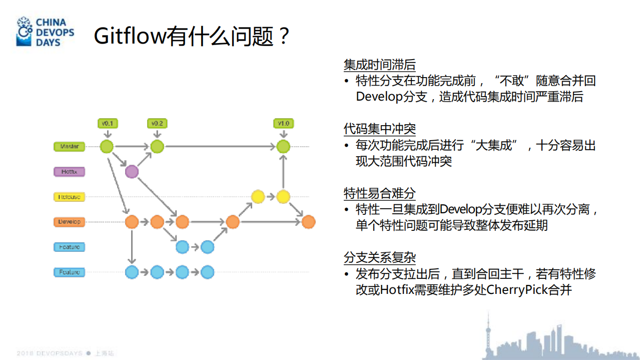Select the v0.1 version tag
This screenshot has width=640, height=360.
[x=107, y=123]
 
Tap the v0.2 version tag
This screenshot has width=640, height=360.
[x=157, y=123]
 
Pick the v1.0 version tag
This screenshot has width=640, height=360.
[x=283, y=123]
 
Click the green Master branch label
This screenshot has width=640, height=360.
[x=70, y=147]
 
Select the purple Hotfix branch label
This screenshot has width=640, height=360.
[x=70, y=172]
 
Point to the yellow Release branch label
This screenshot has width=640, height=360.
[x=70, y=197]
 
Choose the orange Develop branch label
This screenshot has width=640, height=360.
[x=70, y=222]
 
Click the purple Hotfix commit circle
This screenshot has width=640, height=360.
[x=132, y=172]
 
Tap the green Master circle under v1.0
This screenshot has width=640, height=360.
[x=283, y=147]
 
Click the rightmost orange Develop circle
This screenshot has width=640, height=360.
[x=308, y=222]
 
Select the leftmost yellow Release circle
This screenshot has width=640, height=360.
[x=258, y=197]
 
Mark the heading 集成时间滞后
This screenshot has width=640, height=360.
[x=379, y=65]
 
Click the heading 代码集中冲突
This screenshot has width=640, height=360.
[x=379, y=129]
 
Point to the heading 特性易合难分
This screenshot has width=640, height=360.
[x=379, y=193]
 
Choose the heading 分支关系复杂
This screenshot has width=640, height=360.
[x=379, y=257]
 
